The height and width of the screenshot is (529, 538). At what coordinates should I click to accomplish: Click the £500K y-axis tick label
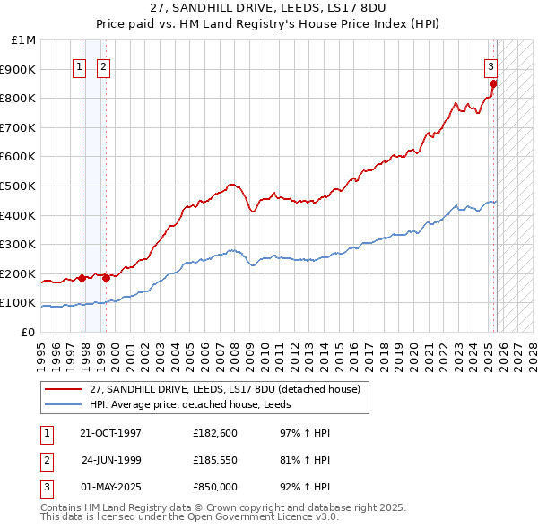point(19,186)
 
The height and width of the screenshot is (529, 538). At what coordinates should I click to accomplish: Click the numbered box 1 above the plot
point(80,66)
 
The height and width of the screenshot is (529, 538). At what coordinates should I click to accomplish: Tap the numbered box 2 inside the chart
point(103,66)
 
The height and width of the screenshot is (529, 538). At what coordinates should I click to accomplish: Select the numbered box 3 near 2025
point(491,65)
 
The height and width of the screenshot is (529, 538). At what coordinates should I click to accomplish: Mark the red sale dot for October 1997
point(82,278)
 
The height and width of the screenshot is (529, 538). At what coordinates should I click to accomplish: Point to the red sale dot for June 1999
point(107,278)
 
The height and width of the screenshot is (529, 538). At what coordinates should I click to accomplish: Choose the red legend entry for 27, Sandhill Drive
point(224,389)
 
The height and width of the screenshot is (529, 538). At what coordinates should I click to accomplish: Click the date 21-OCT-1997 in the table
point(110,433)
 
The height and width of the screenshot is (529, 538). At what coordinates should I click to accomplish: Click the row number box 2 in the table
point(45,460)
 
